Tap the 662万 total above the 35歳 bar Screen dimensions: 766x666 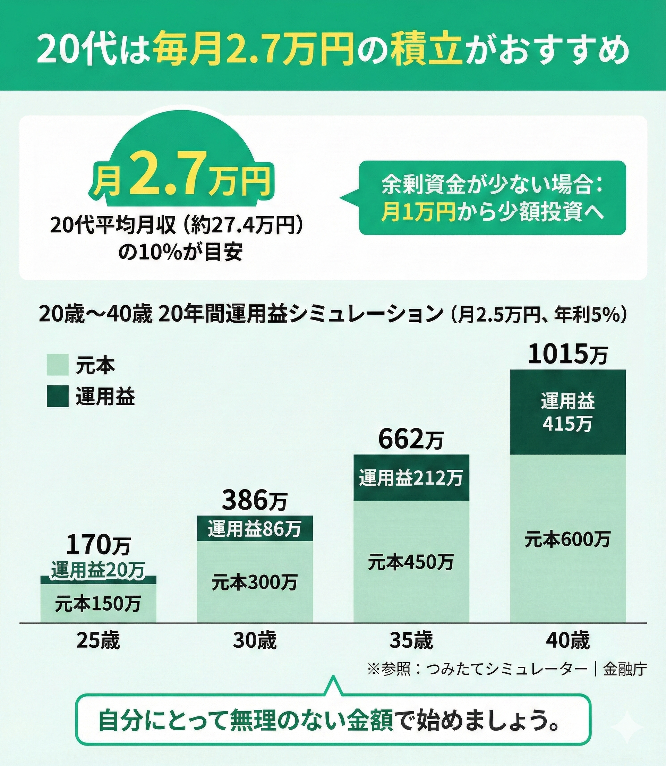[x=411, y=441]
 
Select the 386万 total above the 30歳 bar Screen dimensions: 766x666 [x=255, y=501]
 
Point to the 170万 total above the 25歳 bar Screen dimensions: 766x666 [x=98, y=546]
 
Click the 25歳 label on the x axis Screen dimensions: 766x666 [x=98, y=641]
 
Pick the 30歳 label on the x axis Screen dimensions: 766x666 [x=255, y=641]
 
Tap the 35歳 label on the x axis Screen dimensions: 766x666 [x=411, y=641]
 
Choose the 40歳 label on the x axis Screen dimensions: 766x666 [x=568, y=641]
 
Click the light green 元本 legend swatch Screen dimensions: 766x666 [x=58, y=365]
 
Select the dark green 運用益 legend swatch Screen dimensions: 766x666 [x=58, y=397]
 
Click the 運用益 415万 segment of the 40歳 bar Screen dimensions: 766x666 [x=568, y=412]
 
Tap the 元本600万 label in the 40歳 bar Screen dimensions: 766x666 [x=567, y=540]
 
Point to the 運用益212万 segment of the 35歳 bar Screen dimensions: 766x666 [x=411, y=478]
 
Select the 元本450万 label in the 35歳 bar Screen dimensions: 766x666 [x=411, y=562]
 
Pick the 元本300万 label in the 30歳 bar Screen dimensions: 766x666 [x=255, y=583]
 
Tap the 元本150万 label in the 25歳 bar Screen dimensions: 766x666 [x=98, y=604]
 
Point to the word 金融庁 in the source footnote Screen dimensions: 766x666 [x=625, y=669]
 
